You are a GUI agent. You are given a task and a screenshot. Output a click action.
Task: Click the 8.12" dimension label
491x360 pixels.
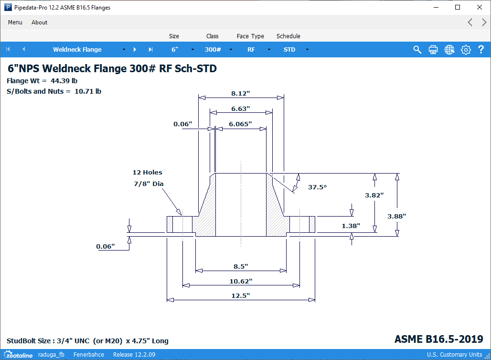(241, 93)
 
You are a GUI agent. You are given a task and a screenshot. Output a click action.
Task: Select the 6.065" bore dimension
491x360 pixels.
(240, 124)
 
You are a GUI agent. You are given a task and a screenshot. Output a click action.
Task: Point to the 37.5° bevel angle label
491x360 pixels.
(317, 187)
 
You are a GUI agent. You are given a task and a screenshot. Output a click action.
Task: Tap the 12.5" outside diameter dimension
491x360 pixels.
(241, 296)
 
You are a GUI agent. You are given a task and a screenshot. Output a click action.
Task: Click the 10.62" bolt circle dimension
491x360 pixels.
(241, 281)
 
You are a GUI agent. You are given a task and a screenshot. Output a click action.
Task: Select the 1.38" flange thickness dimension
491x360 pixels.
(351, 225)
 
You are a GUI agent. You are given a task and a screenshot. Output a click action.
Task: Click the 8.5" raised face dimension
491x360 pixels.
(241, 266)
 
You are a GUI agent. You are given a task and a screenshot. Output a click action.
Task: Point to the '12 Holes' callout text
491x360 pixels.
(147, 172)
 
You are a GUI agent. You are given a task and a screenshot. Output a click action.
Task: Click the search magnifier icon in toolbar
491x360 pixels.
(417, 50)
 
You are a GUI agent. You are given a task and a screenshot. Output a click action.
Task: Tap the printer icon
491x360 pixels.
(433, 50)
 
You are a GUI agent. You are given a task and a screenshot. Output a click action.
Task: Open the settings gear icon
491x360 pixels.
(466, 50)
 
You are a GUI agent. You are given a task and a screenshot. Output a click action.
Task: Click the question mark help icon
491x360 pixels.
(481, 50)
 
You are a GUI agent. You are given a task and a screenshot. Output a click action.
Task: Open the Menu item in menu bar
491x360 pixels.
(15, 22)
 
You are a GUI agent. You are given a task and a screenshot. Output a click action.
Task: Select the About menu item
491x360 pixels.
(40, 22)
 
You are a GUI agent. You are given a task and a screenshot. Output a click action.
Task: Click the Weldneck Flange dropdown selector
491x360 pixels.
(88, 50)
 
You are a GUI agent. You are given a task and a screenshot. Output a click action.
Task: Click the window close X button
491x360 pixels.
(480, 7)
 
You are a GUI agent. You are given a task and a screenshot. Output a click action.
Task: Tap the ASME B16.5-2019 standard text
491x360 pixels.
(438, 339)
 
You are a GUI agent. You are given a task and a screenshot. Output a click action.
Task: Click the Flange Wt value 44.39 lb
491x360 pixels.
(64, 81)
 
